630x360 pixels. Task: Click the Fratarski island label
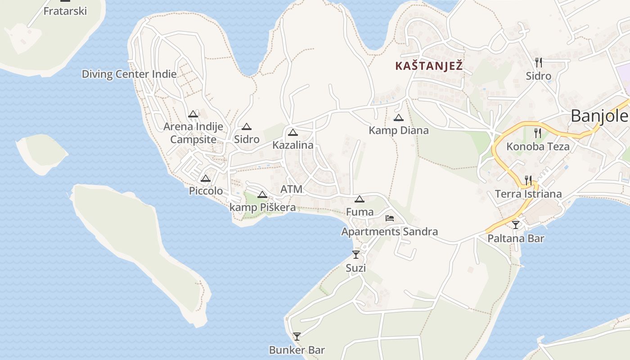(x=65, y=11)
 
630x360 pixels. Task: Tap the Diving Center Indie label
(x=129, y=74)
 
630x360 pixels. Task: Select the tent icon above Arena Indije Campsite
(x=193, y=114)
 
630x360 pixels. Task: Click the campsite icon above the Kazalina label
(x=293, y=133)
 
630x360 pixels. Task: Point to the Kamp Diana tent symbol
(x=398, y=118)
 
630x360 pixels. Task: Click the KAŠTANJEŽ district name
(x=429, y=66)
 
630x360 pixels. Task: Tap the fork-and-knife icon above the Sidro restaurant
(x=538, y=63)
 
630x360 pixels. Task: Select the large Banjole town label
(x=599, y=116)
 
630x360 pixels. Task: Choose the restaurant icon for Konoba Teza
(x=537, y=133)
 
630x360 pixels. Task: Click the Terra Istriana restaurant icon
(x=528, y=180)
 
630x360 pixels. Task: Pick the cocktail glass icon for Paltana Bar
(x=516, y=225)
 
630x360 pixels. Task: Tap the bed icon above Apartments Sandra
(x=390, y=219)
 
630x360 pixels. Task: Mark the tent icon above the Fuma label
(x=359, y=199)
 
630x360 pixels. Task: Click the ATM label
(x=291, y=189)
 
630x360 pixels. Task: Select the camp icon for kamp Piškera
(x=262, y=195)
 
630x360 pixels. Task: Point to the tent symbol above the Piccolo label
(x=206, y=179)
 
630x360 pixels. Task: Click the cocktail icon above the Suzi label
(x=356, y=255)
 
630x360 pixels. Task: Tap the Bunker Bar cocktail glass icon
(x=297, y=337)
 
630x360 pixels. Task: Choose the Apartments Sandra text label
(x=389, y=232)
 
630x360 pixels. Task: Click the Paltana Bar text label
(x=516, y=238)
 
